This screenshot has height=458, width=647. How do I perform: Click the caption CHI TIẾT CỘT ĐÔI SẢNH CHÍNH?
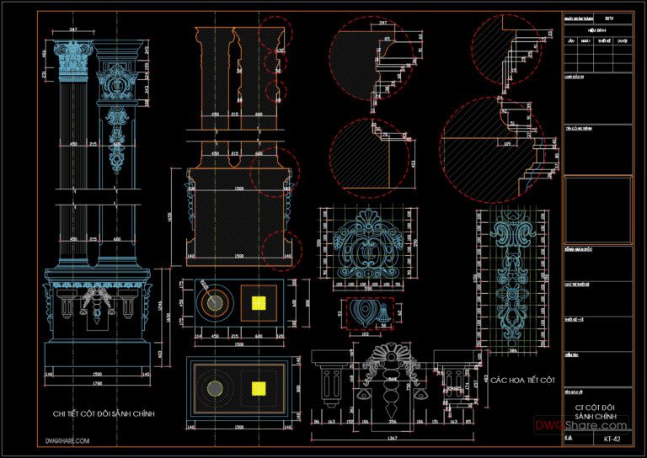[x=104, y=413]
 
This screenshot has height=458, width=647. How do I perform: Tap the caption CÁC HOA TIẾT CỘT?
[x=522, y=381]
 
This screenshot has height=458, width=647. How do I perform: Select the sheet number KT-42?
[x=613, y=439]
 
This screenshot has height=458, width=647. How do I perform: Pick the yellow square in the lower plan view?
[x=259, y=388]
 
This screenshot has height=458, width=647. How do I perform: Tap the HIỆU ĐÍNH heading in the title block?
[x=596, y=27]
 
